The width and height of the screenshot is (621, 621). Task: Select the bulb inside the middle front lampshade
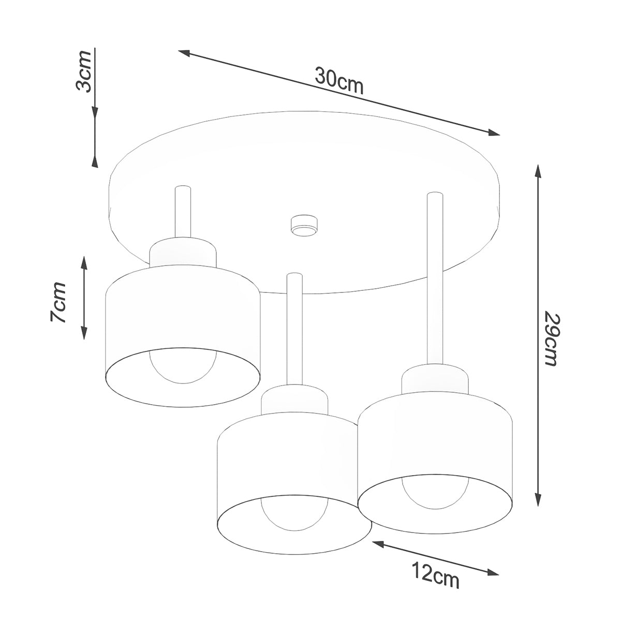[293, 518]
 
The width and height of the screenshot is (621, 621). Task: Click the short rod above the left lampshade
[183, 212]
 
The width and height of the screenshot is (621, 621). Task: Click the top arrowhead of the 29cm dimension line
[539, 172]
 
